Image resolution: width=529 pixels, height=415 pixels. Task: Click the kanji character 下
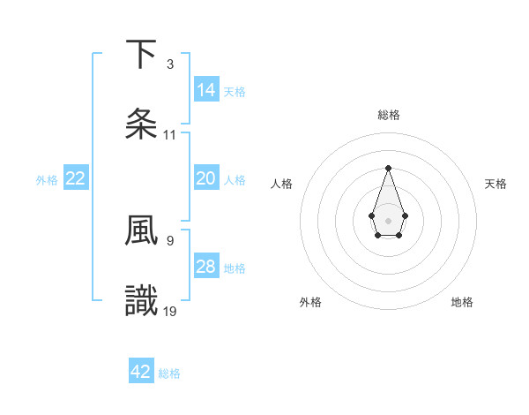click(x=141, y=55)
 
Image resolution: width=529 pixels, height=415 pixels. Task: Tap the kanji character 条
click(x=141, y=124)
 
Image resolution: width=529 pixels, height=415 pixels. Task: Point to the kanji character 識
click(x=141, y=300)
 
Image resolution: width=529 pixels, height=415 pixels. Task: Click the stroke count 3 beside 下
click(x=169, y=64)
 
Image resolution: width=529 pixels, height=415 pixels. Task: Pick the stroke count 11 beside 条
click(x=169, y=135)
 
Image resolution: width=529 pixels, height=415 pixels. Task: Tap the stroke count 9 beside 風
click(x=169, y=239)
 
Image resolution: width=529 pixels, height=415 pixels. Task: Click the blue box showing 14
click(x=206, y=90)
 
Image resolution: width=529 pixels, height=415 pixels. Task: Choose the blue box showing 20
click(x=206, y=178)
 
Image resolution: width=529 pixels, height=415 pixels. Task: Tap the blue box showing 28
click(x=206, y=267)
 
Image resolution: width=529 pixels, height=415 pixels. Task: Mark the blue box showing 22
click(x=76, y=178)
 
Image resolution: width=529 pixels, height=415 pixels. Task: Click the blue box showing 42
click(x=141, y=372)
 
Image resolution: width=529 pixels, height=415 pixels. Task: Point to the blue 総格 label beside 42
click(x=169, y=373)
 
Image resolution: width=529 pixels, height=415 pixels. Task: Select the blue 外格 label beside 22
click(x=47, y=180)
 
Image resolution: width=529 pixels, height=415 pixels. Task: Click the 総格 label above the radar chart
click(x=388, y=115)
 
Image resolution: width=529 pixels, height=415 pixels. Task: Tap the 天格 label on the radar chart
click(x=496, y=184)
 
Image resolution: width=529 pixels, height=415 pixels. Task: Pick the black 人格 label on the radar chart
click(x=282, y=184)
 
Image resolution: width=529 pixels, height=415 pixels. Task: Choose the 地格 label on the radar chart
click(x=462, y=302)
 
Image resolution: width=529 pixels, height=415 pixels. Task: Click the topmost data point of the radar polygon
click(x=388, y=168)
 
